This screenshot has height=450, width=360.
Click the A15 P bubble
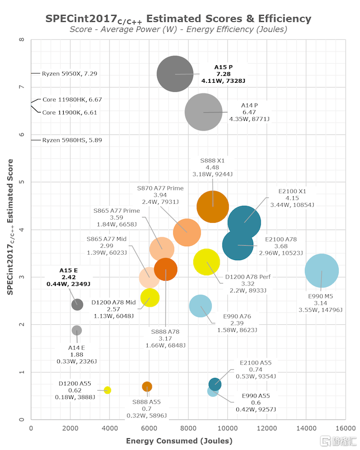tap(175, 74)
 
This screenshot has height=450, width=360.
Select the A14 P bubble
tap(203, 112)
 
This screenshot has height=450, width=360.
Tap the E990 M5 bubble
tap(322, 271)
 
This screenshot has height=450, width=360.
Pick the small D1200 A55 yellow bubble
tap(107, 390)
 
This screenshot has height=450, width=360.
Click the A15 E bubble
tap(77, 304)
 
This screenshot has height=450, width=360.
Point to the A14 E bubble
tap(76, 330)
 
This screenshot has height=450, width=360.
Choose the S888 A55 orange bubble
tap(147, 386)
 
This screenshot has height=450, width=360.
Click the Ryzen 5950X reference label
tap(70, 73)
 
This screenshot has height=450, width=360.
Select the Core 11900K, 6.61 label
tap(70, 112)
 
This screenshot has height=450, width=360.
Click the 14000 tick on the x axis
tap(307, 428)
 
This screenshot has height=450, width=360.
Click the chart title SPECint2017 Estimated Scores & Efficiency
tap(178, 19)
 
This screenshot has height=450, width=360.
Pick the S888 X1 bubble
tap(212, 207)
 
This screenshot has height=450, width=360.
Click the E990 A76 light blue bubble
tap(200, 306)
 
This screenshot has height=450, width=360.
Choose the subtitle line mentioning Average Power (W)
tap(178, 30)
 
